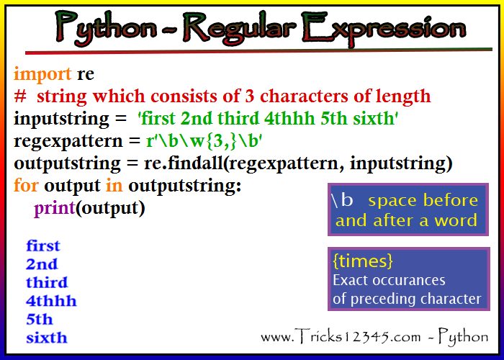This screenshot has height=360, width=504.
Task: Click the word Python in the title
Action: coord(106,28)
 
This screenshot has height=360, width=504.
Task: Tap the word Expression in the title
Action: coord(384,28)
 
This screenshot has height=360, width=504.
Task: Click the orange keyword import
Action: coord(42,75)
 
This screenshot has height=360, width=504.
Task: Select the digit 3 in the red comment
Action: coord(249,96)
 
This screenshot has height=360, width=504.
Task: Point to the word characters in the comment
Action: coord(304,96)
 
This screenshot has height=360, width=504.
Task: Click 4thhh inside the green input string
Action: coord(289,119)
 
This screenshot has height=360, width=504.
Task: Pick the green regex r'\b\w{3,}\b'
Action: coord(204,141)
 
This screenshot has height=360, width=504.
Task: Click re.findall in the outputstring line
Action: coord(183,163)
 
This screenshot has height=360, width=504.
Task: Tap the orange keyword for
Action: coord(26,185)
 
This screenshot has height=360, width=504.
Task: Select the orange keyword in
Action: coord(114,186)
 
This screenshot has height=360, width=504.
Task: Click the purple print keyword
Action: coord(54,209)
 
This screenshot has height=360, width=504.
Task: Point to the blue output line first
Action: coord(43,246)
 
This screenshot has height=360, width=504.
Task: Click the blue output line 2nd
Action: coord(42,264)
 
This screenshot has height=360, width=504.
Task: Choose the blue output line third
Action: coord(47,282)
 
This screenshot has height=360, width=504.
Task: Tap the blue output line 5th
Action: coord(39,319)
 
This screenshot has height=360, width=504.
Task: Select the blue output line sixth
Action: coord(47,338)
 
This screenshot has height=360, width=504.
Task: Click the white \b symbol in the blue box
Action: coord(342,200)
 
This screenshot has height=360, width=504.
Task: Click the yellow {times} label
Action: coord(363,261)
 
